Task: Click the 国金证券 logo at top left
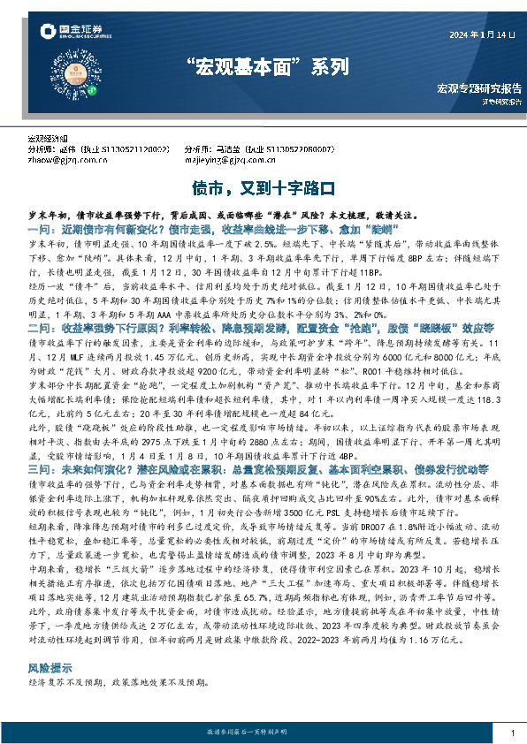56,34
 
